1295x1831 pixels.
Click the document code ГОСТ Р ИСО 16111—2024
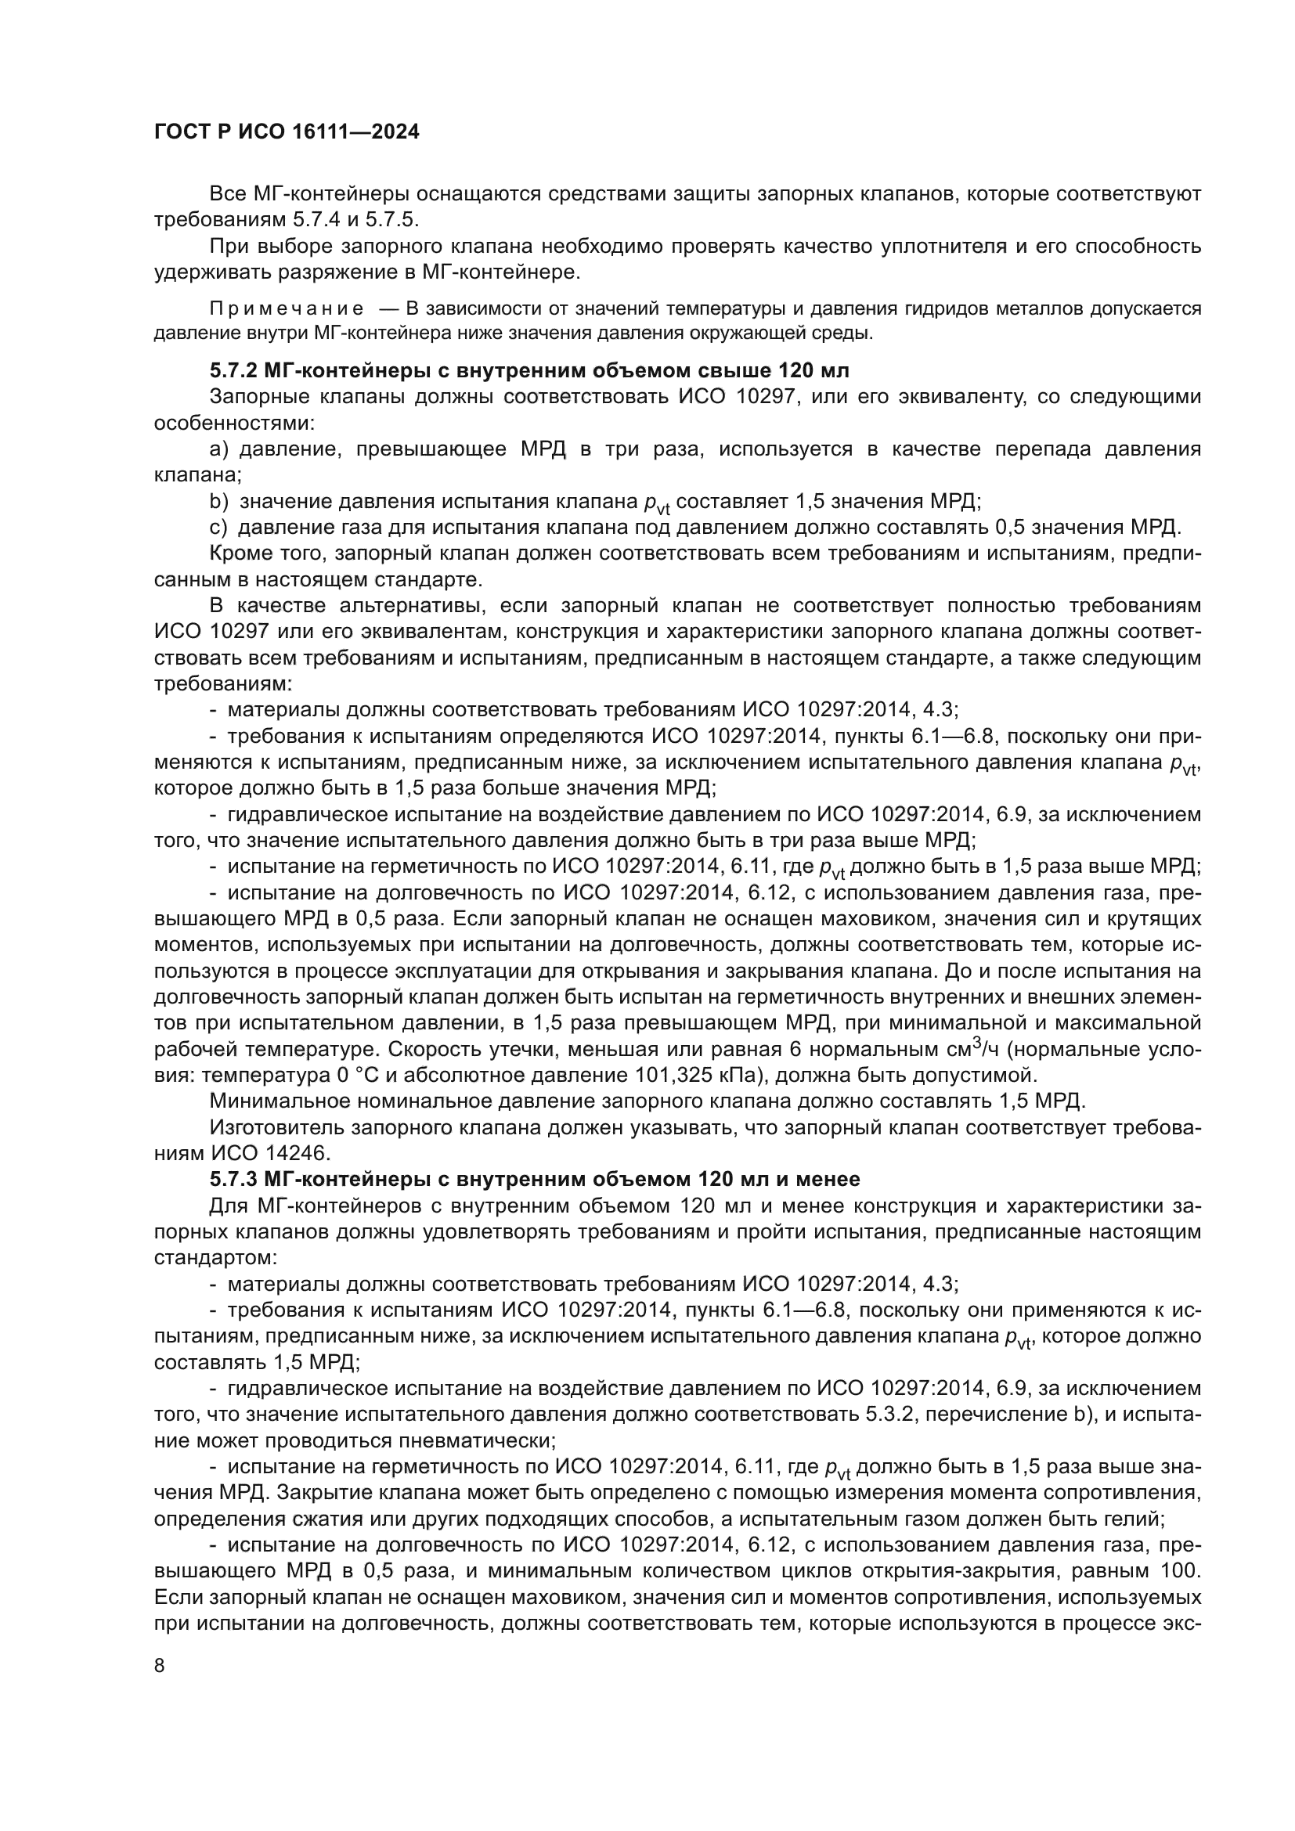(287, 132)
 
